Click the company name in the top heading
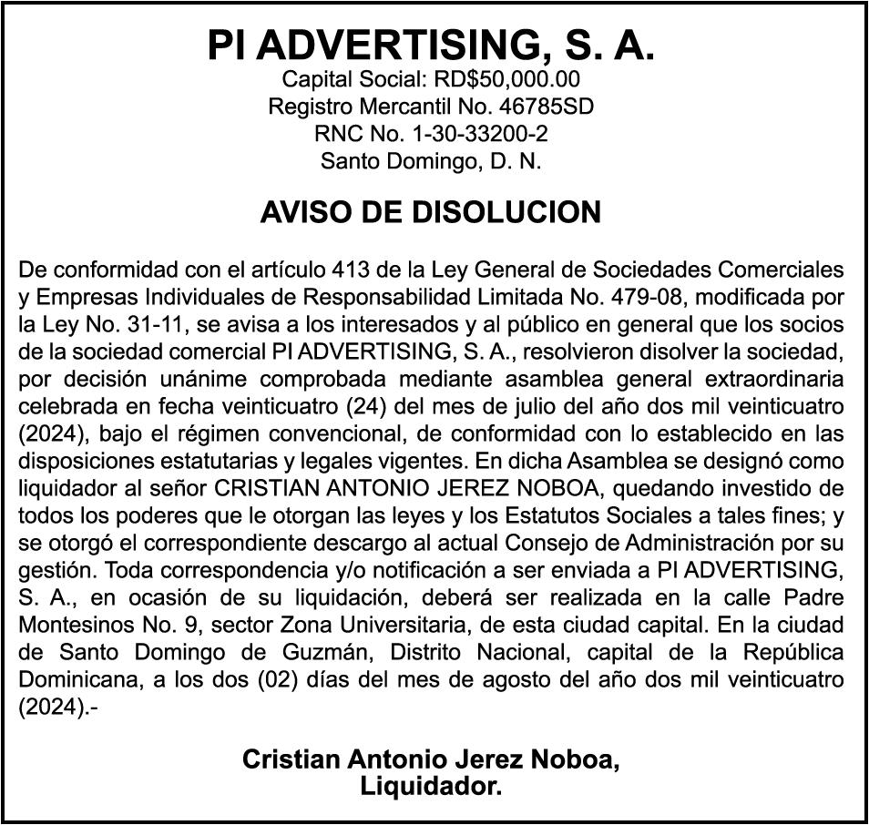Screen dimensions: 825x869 pos(431,45)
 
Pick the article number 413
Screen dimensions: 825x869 pos(352,270)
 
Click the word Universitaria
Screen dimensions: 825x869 pos(389,626)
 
